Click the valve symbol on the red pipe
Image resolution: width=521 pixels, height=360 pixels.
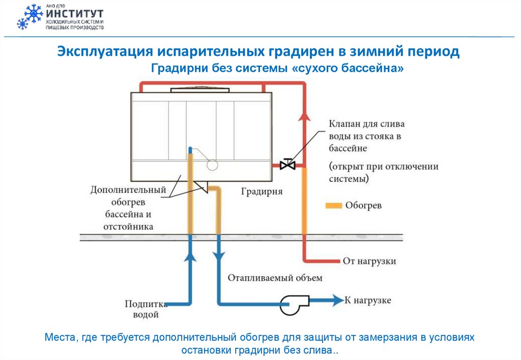click(288, 165)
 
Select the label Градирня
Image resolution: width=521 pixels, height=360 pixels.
click(262, 192)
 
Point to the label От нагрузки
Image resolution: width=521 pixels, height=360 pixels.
click(369, 261)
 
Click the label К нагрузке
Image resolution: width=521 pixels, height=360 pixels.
click(368, 301)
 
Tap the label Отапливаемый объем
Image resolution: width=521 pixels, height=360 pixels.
click(275, 278)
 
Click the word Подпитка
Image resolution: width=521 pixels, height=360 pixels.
click(147, 304)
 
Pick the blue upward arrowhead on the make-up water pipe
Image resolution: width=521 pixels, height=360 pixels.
click(190, 256)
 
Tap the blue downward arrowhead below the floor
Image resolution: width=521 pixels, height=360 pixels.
click(219, 256)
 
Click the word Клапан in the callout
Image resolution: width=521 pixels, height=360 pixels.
click(345, 124)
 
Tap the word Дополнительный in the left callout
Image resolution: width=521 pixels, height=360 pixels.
click(129, 190)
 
